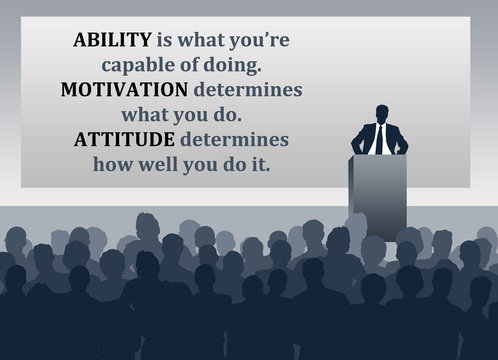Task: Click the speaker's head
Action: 381,112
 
